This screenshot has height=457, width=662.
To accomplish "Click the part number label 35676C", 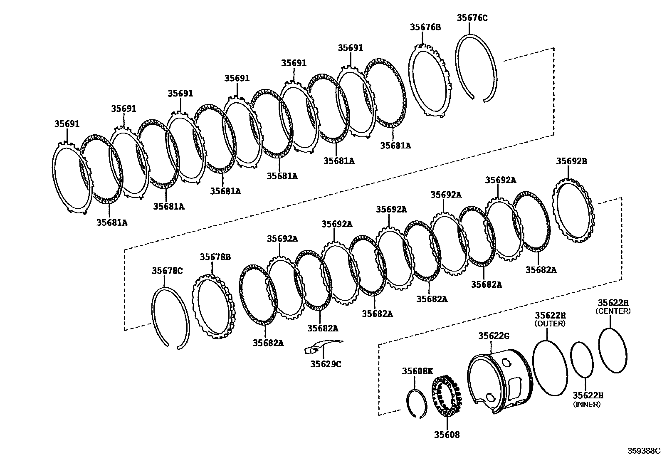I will pyautogui.click(x=472, y=17).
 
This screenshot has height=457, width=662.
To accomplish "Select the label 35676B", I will pyautogui.click(x=425, y=27).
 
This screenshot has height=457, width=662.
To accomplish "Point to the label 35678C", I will pyautogui.click(x=167, y=271).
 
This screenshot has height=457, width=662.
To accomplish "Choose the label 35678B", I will pyautogui.click(x=215, y=257).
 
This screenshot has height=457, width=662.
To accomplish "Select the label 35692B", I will pyautogui.click(x=572, y=161).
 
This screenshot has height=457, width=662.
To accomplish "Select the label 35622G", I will pyautogui.click(x=494, y=336).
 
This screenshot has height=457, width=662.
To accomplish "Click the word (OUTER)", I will pyautogui.click(x=550, y=324).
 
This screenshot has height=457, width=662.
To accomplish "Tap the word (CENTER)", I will pyautogui.click(x=613, y=311).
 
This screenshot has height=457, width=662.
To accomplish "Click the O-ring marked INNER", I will pyautogui.click(x=581, y=360).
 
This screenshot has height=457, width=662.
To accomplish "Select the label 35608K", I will pyautogui.click(x=417, y=371).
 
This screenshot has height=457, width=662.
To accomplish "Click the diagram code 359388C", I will pyautogui.click(x=644, y=450).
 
